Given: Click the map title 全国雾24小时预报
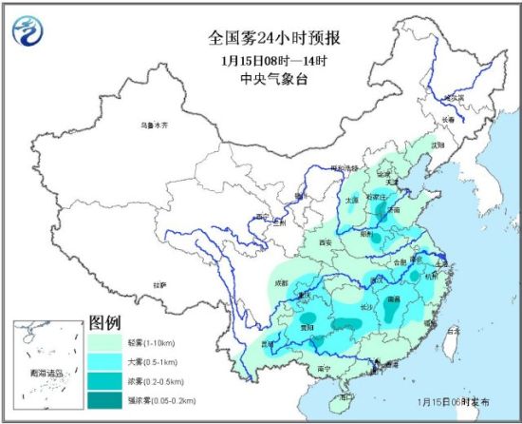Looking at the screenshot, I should coord(261,40).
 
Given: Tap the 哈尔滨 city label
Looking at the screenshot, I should coord(457,97).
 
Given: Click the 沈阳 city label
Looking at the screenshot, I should coord(437,145).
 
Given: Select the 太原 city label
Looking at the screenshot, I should coord(351,200).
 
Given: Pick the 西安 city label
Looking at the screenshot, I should coord(327,243).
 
